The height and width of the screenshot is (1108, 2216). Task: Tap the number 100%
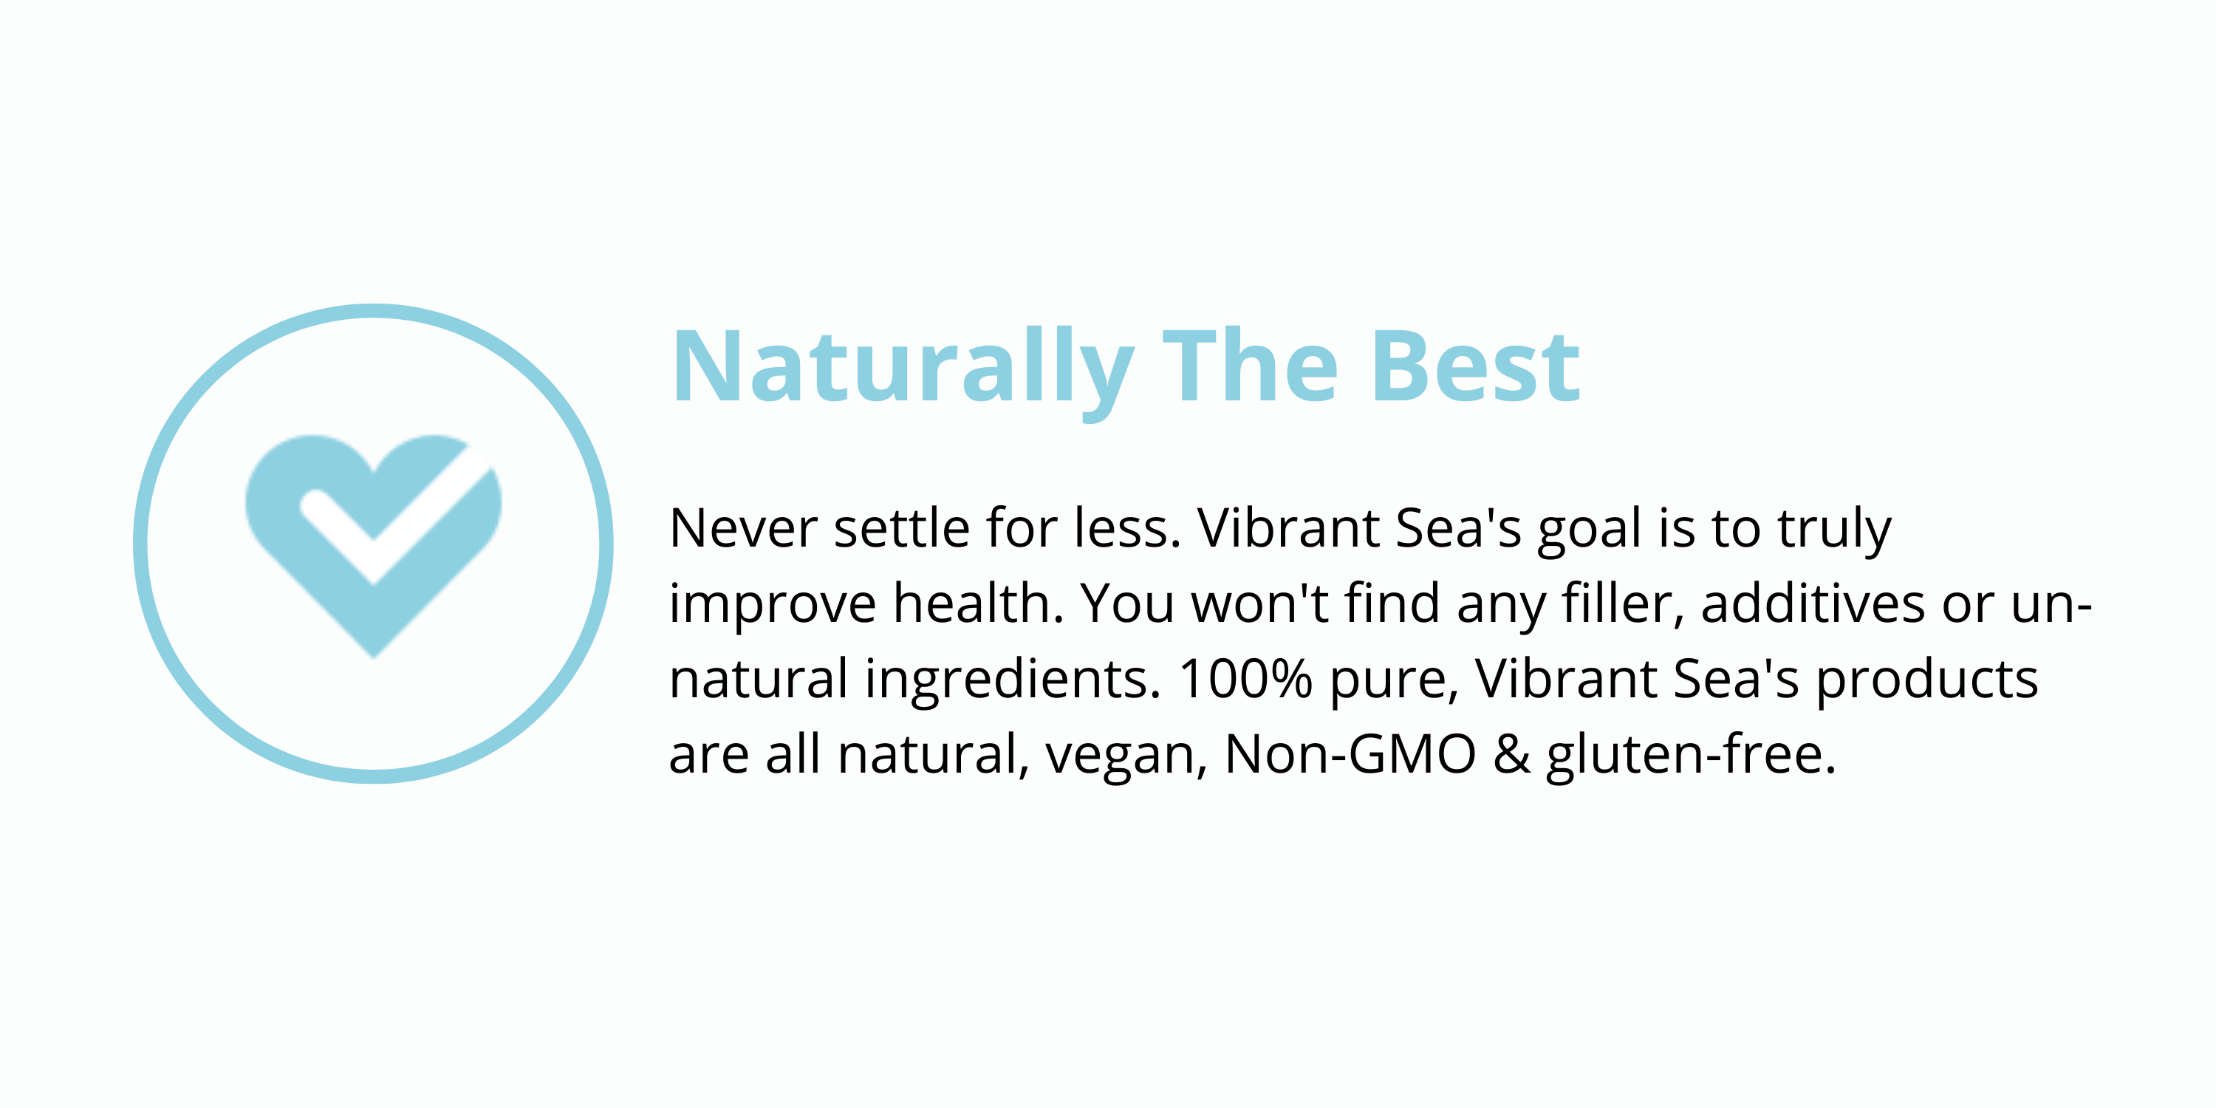(1245, 680)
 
